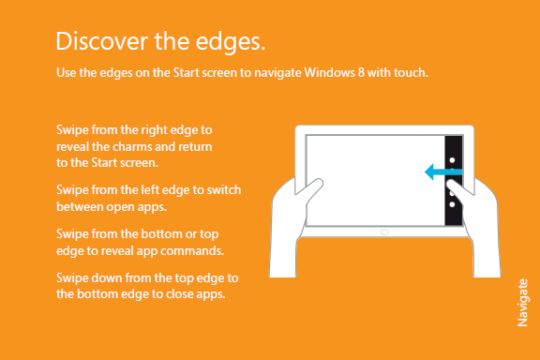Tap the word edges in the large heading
tap(231, 43)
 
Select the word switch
tap(224, 189)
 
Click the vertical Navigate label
tap(523, 303)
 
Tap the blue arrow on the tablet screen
tap(443, 172)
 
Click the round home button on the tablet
tap(384, 232)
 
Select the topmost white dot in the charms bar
tap(452, 160)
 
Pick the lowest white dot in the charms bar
tap(452, 204)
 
